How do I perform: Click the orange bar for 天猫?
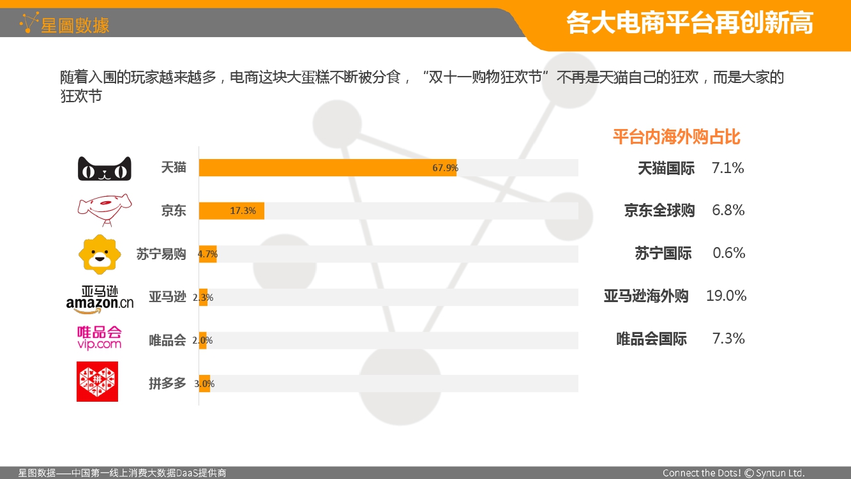(328, 167)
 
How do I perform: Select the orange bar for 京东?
(231, 211)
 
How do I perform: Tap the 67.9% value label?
(445, 167)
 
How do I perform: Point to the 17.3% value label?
(243, 211)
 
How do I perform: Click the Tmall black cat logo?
(105, 169)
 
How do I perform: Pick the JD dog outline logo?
(105, 210)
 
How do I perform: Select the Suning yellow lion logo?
(100, 254)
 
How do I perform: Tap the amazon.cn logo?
(100, 300)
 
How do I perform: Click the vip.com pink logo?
(99, 338)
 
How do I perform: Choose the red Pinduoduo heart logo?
(97, 381)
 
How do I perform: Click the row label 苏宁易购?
(161, 254)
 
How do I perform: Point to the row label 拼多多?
(167, 383)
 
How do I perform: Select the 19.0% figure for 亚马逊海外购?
(726, 296)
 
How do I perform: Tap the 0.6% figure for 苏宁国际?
(728, 253)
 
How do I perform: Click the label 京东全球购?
(659, 210)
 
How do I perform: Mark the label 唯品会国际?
(652, 338)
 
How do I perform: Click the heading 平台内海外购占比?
(677, 137)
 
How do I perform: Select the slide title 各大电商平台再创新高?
(689, 23)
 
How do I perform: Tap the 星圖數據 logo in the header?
(64, 24)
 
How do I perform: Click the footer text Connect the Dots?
(702, 473)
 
